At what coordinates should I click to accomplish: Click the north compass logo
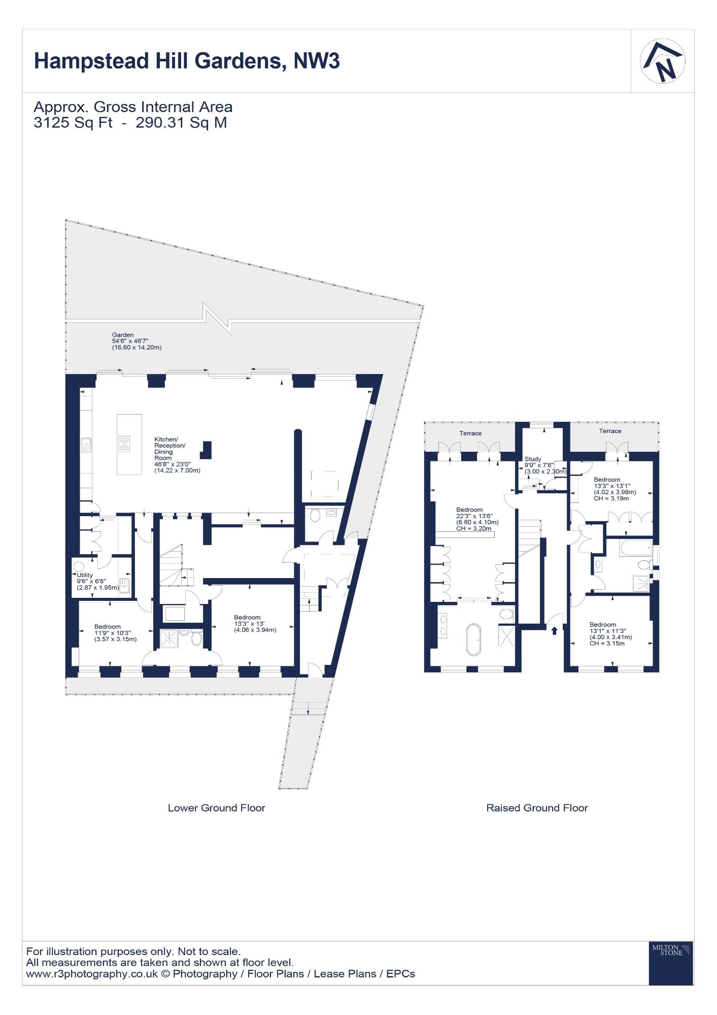point(663,61)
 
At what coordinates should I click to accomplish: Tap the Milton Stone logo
point(671,963)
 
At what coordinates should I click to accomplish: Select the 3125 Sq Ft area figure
point(73,123)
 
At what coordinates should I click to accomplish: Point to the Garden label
point(123,335)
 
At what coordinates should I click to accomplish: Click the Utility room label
point(85,575)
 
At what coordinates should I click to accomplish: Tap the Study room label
point(533,459)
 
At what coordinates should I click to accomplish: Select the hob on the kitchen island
point(124,444)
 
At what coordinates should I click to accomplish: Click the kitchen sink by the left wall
point(86,445)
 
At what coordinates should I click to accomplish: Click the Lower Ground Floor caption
point(217,808)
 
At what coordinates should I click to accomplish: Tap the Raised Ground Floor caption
point(537,808)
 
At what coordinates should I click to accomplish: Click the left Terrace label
point(470,433)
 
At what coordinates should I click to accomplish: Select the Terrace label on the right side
point(610,431)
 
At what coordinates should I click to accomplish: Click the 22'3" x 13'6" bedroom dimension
point(474,516)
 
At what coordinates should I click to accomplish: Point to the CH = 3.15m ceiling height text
point(607,644)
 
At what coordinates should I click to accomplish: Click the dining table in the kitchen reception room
point(324,484)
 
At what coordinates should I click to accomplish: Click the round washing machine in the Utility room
point(79,565)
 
